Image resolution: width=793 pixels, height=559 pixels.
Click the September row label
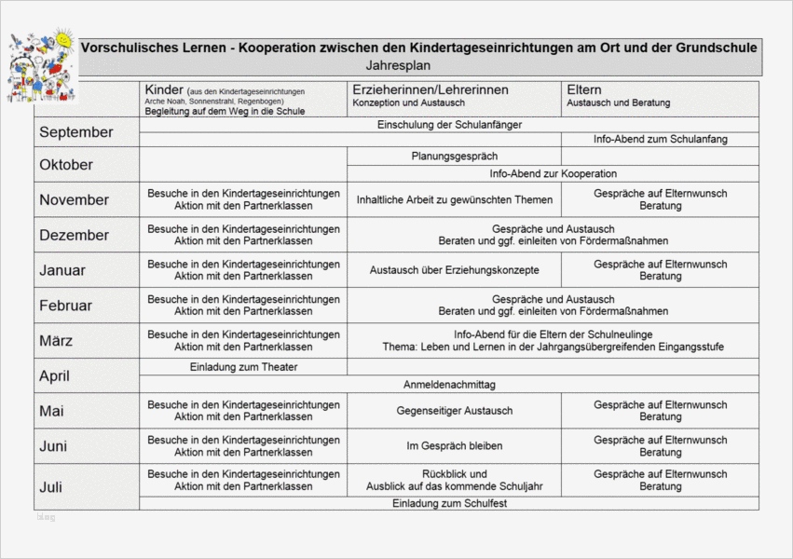[x=76, y=132]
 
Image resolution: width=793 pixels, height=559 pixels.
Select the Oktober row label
[x=66, y=165]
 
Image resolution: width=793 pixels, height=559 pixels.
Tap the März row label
[x=57, y=341]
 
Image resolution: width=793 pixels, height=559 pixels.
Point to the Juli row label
[x=51, y=486]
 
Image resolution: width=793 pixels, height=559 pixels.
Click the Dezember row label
[x=75, y=235]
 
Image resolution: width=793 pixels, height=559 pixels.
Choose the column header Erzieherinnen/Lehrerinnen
[x=430, y=89]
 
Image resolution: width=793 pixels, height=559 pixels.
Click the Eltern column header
[x=585, y=89]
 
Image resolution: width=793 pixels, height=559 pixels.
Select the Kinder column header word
[x=163, y=89]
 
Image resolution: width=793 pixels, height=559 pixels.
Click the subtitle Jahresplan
[x=399, y=66]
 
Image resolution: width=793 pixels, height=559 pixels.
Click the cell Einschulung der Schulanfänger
[x=449, y=124]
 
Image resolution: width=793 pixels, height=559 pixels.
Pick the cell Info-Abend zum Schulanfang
[x=660, y=139]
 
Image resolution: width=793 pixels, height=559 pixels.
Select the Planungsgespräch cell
[x=454, y=157]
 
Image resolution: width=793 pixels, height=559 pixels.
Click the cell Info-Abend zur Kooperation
[x=553, y=173]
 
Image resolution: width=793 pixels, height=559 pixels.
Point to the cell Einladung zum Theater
[x=243, y=367]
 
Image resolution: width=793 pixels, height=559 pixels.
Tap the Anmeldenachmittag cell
[x=449, y=384]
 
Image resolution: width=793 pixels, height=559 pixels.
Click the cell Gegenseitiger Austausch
[x=454, y=411]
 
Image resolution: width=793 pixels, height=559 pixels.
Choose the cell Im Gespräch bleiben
[x=454, y=446]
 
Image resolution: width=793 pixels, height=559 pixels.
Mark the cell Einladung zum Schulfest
[x=449, y=503]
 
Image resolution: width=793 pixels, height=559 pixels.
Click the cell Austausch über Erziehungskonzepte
[x=454, y=270]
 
